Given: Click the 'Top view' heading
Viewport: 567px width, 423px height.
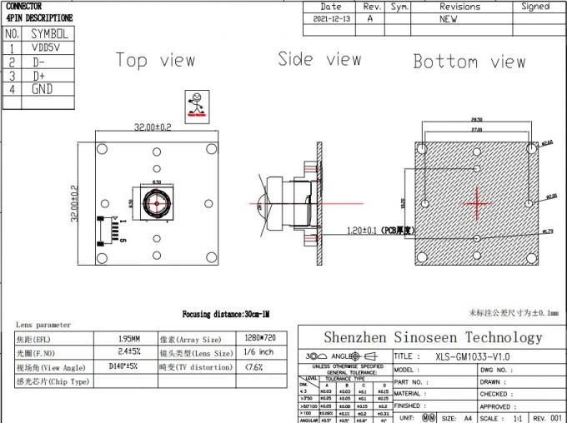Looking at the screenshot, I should [x=155, y=60].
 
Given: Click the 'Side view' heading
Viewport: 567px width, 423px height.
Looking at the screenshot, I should [x=319, y=58].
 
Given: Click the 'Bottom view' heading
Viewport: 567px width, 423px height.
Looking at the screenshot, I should [x=469, y=62].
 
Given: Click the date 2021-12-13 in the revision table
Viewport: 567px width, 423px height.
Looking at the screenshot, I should [x=331, y=17].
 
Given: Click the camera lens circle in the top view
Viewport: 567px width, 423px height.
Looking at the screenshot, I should [x=155, y=201].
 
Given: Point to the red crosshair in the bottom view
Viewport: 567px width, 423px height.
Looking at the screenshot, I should [x=477, y=202].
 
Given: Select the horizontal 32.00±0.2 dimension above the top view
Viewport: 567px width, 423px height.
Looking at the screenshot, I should [x=153, y=127].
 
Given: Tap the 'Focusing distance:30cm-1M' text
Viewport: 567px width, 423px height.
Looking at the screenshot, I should [x=226, y=314].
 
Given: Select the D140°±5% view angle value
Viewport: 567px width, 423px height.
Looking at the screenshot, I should [x=126, y=366].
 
